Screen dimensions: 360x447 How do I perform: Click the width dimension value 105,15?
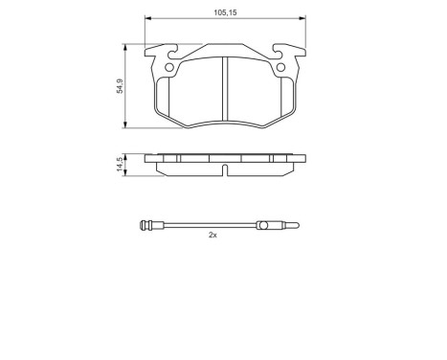pos(224,11)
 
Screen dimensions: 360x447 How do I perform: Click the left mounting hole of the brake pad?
pos(171,67)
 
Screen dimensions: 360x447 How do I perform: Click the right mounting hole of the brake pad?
pos(280,67)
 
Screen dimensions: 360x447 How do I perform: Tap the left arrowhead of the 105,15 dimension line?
pos(149,20)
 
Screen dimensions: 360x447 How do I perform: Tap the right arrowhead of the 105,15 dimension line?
pos(302,20)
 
